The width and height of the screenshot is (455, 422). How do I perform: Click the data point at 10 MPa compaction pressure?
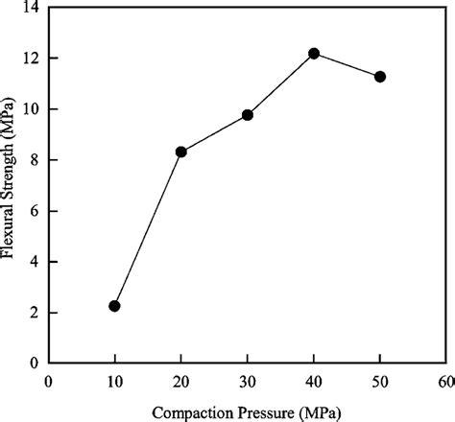[114, 306]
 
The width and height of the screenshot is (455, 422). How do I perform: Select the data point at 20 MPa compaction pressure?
[180, 152]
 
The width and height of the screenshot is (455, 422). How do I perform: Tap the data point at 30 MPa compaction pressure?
[248, 115]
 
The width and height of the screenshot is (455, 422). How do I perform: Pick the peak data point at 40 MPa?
[314, 54]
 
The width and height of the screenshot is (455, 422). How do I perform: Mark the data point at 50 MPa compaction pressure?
[380, 77]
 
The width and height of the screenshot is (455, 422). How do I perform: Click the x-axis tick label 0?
[48, 380]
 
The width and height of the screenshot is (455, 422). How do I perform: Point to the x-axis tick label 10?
[114, 380]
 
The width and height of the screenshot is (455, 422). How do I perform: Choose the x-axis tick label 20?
[180, 380]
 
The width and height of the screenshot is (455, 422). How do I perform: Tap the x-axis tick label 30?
[248, 380]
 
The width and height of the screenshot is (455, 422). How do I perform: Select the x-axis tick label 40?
[314, 380]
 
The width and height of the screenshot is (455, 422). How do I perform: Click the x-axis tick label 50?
[380, 380]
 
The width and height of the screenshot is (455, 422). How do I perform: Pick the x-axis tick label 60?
[445, 380]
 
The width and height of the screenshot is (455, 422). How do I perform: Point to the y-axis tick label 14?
[33, 9]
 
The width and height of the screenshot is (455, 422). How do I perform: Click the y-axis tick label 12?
[33, 59]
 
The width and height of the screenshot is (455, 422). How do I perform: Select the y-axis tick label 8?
[36, 161]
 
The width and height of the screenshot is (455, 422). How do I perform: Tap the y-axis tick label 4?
[36, 262]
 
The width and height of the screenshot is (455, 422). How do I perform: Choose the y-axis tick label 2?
[36, 313]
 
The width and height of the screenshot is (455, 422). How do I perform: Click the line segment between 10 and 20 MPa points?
[148, 228]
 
